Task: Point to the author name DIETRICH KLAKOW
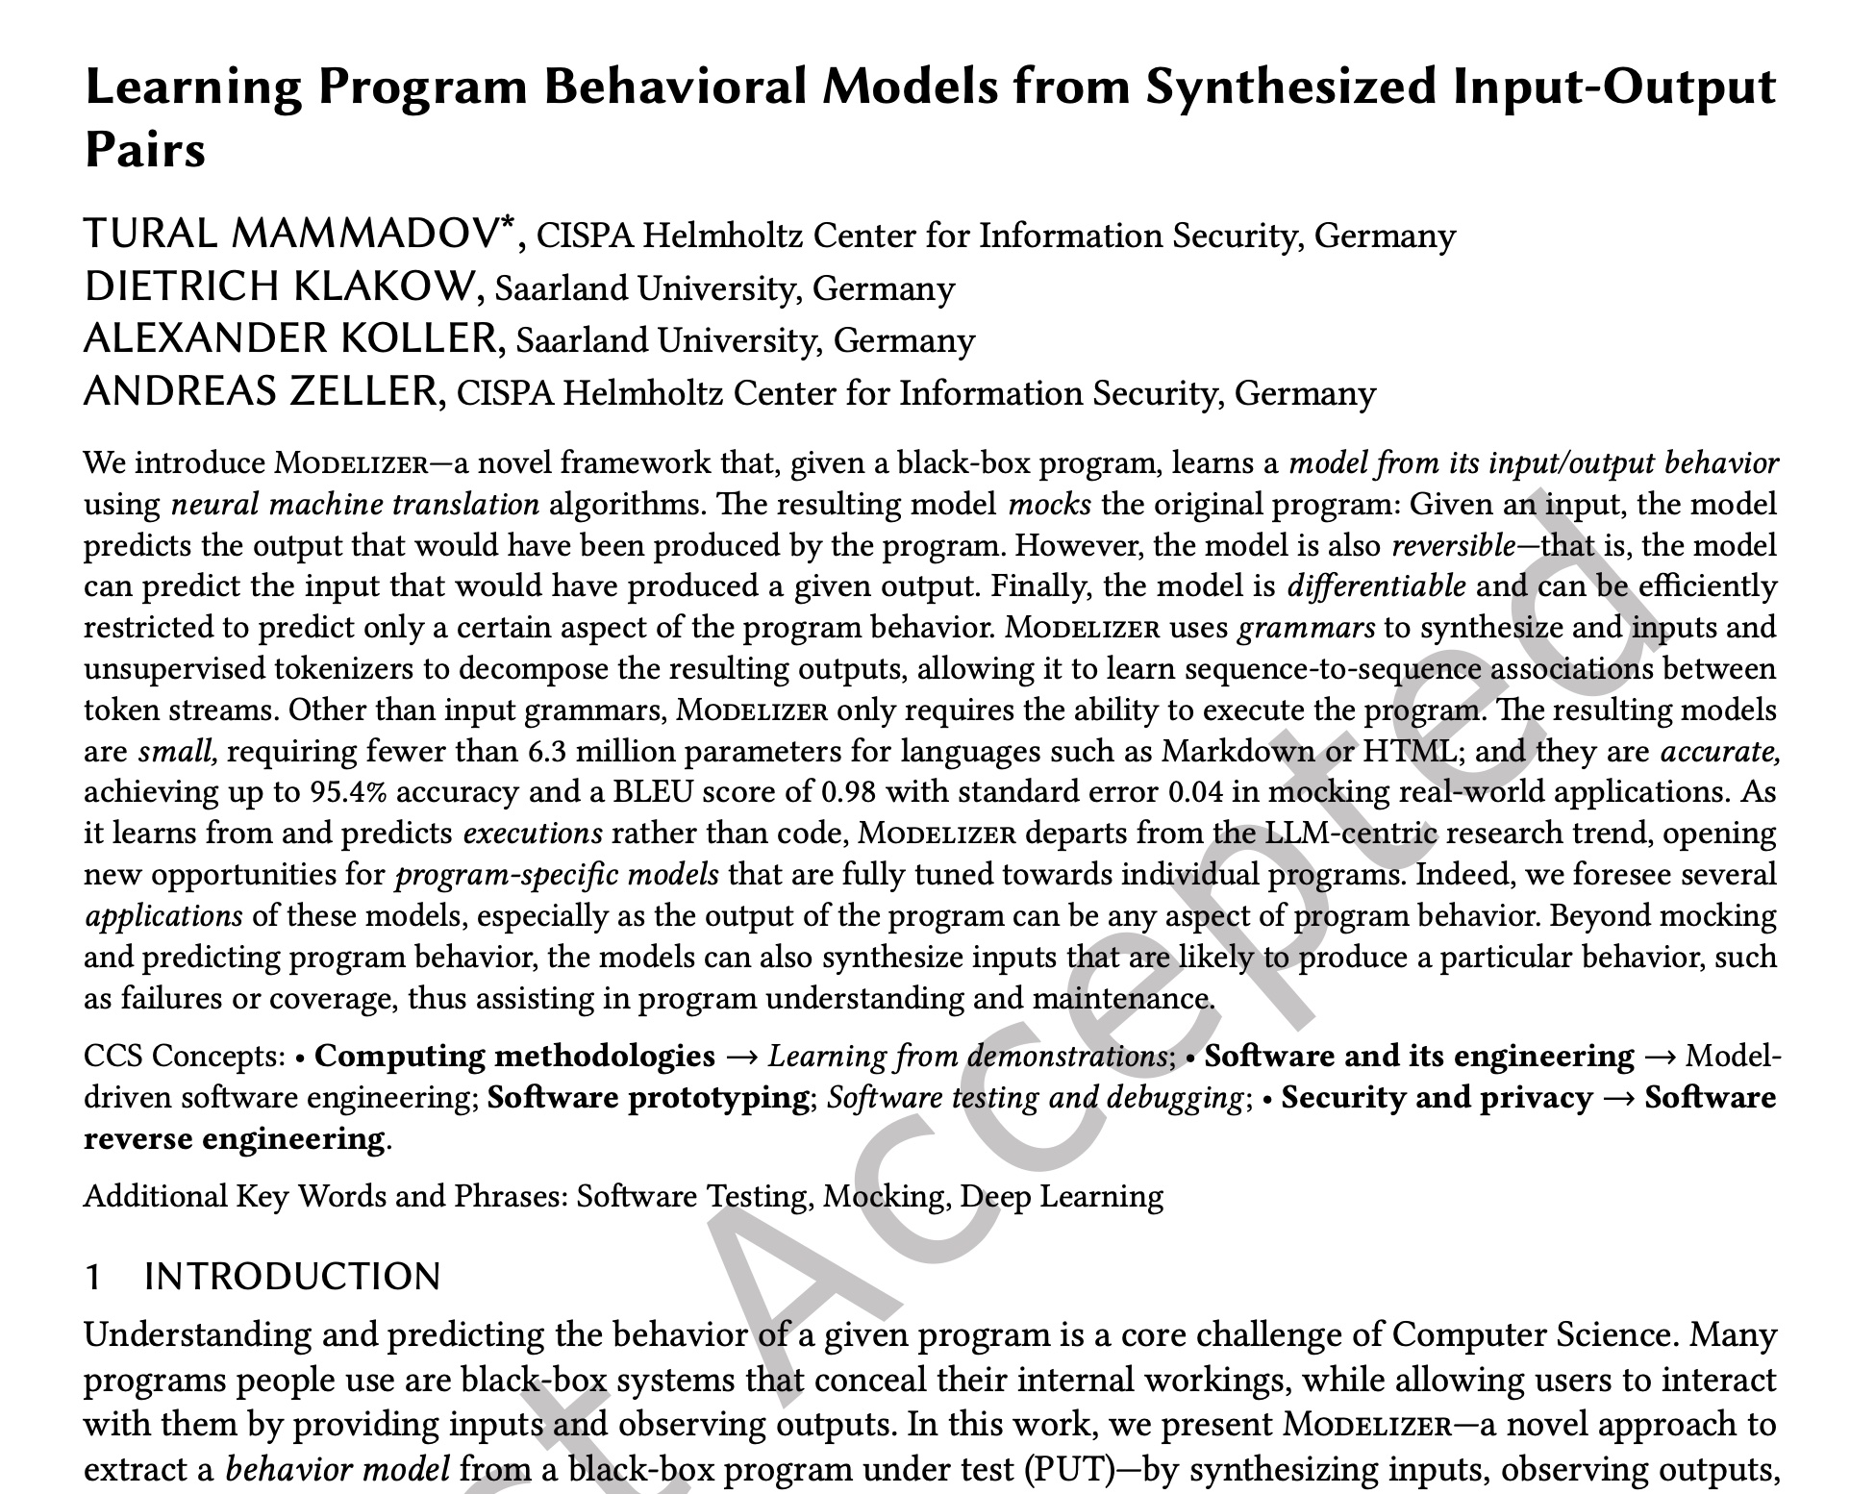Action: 280,286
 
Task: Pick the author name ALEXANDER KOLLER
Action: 290,338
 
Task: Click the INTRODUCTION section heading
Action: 292,1277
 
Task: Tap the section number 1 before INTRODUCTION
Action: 93,1277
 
